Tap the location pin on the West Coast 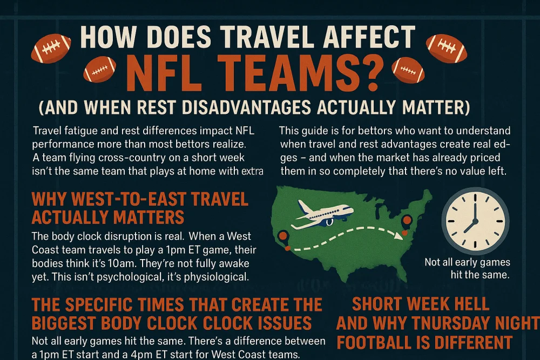(x=283, y=237)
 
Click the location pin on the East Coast (x=407, y=221)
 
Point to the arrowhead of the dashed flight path (x=400, y=236)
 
